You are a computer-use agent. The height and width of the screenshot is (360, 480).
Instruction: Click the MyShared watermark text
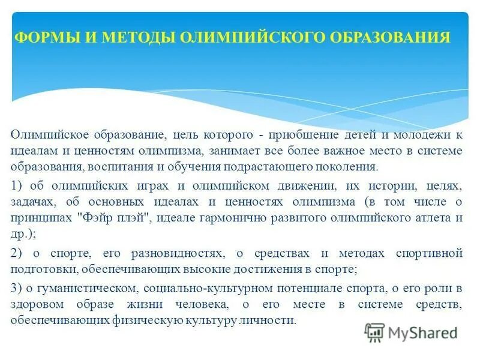422,332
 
